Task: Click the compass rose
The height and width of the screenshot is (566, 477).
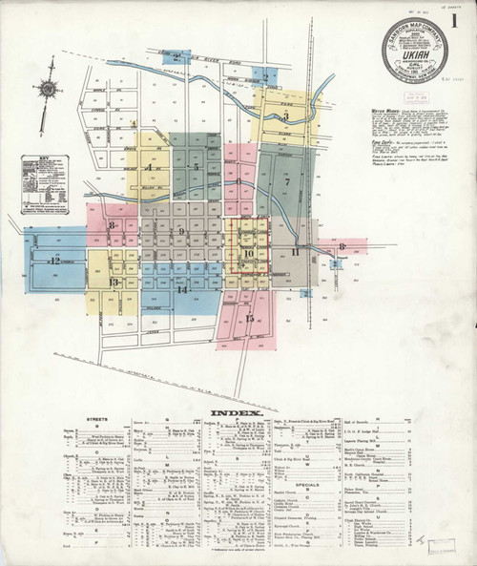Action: click(x=47, y=91)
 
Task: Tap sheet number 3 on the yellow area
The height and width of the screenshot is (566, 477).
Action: click(x=285, y=117)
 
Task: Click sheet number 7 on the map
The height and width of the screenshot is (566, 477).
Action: click(x=286, y=180)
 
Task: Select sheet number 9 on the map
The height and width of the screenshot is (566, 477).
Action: click(x=180, y=231)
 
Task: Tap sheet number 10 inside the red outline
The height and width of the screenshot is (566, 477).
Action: click(x=248, y=253)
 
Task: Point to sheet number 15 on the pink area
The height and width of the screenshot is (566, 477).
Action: click(x=250, y=319)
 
